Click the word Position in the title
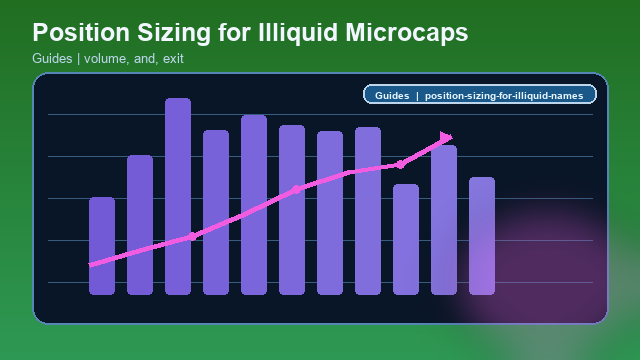point(81,33)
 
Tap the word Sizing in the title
point(175,33)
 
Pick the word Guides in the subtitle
point(51,59)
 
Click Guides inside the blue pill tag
point(392,96)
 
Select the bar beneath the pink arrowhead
point(444,220)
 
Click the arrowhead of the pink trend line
point(446,137)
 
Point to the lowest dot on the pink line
point(192,236)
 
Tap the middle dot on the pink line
point(296,189)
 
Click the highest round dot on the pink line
point(400,164)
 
